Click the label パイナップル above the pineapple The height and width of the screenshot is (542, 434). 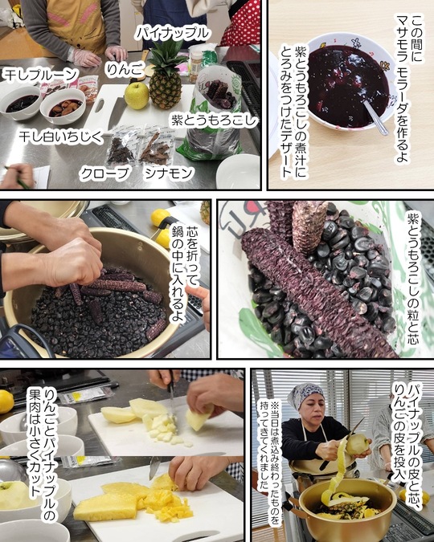pos(172,34)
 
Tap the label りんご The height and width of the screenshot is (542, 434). pos(125,70)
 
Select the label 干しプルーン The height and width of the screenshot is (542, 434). pos(40,75)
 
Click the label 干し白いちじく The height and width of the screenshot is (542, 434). pos(61,137)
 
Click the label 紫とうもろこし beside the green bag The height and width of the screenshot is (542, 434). pos(215,121)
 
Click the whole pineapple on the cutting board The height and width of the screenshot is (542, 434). pos(166,75)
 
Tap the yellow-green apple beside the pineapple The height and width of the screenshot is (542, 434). pos(137,95)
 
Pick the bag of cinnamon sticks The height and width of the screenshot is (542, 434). pos(155,147)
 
